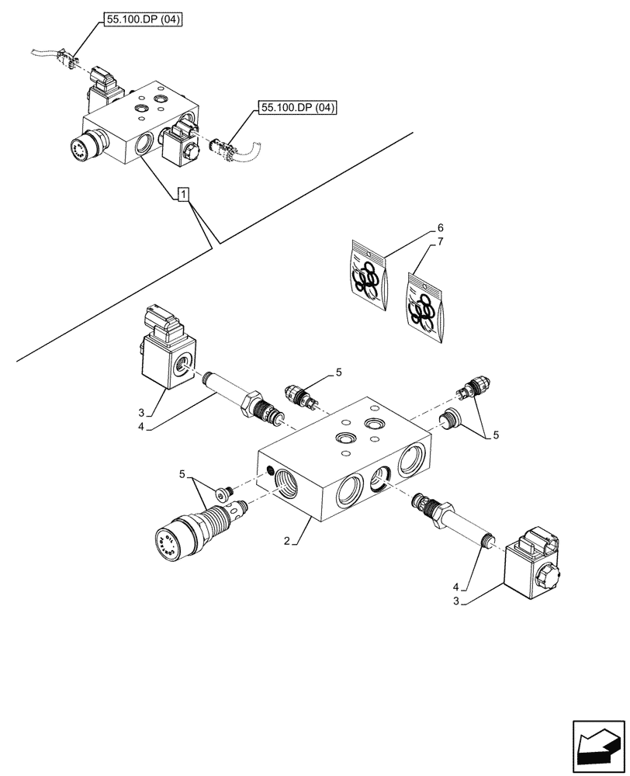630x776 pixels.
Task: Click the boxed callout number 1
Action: pos(182,194)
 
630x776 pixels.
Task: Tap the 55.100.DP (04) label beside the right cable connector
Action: pos(298,109)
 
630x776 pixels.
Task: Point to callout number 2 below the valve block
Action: pos(287,541)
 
